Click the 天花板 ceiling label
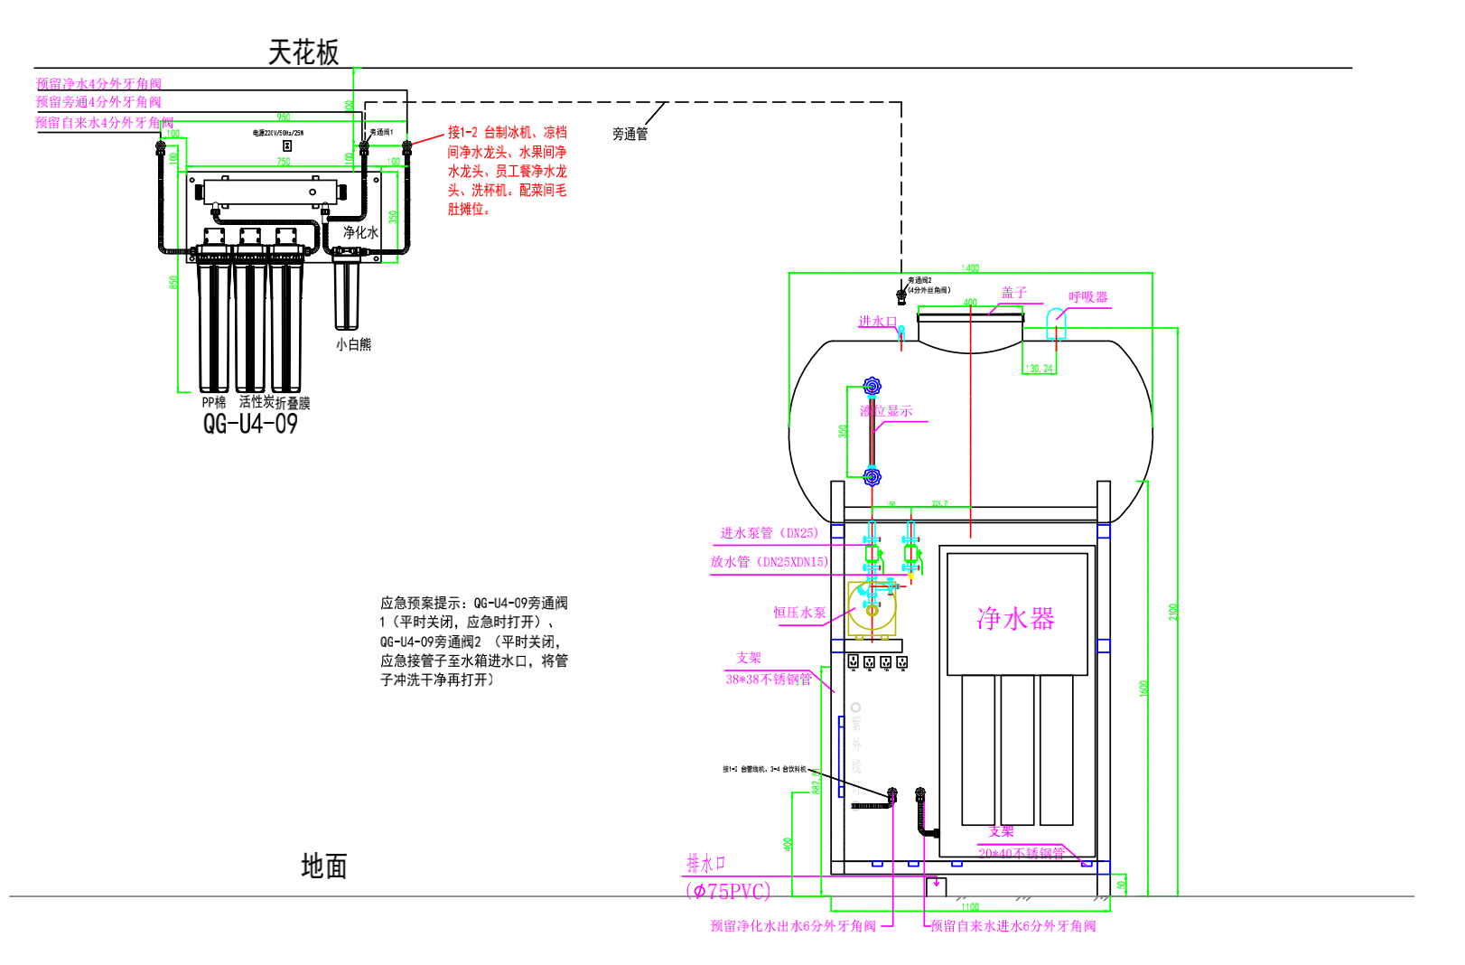click(303, 52)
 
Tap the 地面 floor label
click(323, 867)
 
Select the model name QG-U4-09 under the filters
click(250, 424)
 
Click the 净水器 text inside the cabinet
click(1015, 619)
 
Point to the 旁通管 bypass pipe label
click(630, 134)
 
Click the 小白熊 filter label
click(353, 344)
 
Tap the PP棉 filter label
click(214, 402)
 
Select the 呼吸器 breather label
click(1087, 297)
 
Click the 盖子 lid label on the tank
click(1013, 293)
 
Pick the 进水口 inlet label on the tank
click(876, 322)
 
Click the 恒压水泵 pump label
click(799, 613)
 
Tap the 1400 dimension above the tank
click(970, 268)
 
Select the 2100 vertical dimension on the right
click(1173, 612)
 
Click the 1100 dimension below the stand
click(970, 906)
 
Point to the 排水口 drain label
click(705, 863)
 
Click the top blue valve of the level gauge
click(872, 387)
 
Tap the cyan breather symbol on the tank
click(1056, 323)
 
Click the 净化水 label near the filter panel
click(360, 232)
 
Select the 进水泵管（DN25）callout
click(769, 533)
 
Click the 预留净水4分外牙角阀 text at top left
click(98, 84)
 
